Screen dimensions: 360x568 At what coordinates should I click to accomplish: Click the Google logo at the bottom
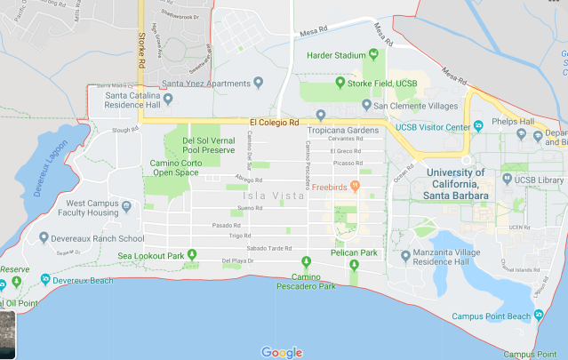(x=282, y=352)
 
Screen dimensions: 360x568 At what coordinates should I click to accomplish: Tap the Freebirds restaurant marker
(x=355, y=187)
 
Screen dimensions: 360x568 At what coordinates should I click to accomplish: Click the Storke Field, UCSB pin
(x=340, y=84)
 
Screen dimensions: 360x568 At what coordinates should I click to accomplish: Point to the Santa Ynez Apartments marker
(x=258, y=83)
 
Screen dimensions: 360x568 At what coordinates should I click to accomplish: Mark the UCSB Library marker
(x=507, y=179)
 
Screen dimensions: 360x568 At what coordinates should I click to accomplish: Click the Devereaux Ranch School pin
(x=44, y=237)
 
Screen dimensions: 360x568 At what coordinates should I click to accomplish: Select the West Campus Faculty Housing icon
(x=125, y=207)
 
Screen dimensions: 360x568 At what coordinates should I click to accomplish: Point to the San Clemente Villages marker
(x=366, y=105)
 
